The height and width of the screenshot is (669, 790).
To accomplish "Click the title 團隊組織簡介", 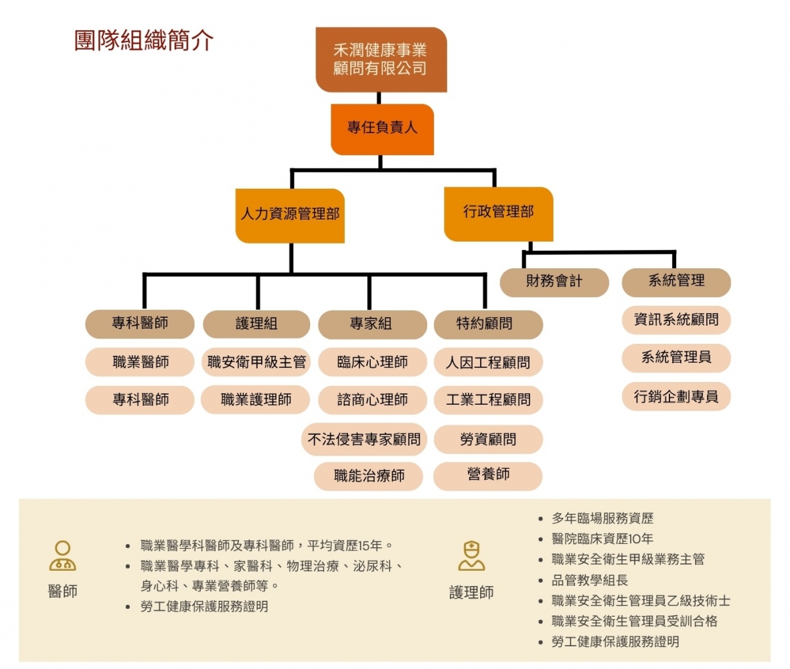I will coord(144,40).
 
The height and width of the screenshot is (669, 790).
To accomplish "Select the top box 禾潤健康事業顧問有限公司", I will coord(380,59).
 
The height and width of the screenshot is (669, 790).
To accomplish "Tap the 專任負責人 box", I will coord(382,128).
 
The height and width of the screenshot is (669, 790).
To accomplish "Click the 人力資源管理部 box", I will coord(290,215).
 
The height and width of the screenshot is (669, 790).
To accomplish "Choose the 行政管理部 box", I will coord(498,213).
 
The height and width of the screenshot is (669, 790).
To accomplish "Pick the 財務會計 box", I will coord(554,282).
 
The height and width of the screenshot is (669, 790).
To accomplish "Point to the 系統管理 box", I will coord(676,282).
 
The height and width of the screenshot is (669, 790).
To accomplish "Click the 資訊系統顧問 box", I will coord(676,320).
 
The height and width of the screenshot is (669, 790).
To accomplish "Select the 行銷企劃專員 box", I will coord(676,397).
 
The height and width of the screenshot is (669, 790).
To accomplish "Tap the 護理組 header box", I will coord(256,324).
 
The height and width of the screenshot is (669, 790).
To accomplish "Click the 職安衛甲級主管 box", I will coord(256,363).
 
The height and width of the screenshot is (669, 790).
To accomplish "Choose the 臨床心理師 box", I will coord(372,363).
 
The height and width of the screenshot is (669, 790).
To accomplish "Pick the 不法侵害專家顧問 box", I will coord(364,440).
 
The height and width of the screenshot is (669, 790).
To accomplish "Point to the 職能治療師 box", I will coord(369,476).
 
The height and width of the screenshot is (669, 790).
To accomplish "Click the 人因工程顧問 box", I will coord(487,363).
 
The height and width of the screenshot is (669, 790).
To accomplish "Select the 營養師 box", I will coord(487,475).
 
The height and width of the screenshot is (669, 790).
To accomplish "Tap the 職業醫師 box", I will coord(140,363).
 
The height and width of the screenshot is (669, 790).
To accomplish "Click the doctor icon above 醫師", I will coord(62,555).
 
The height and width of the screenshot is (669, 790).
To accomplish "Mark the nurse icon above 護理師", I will coord(471,555).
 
